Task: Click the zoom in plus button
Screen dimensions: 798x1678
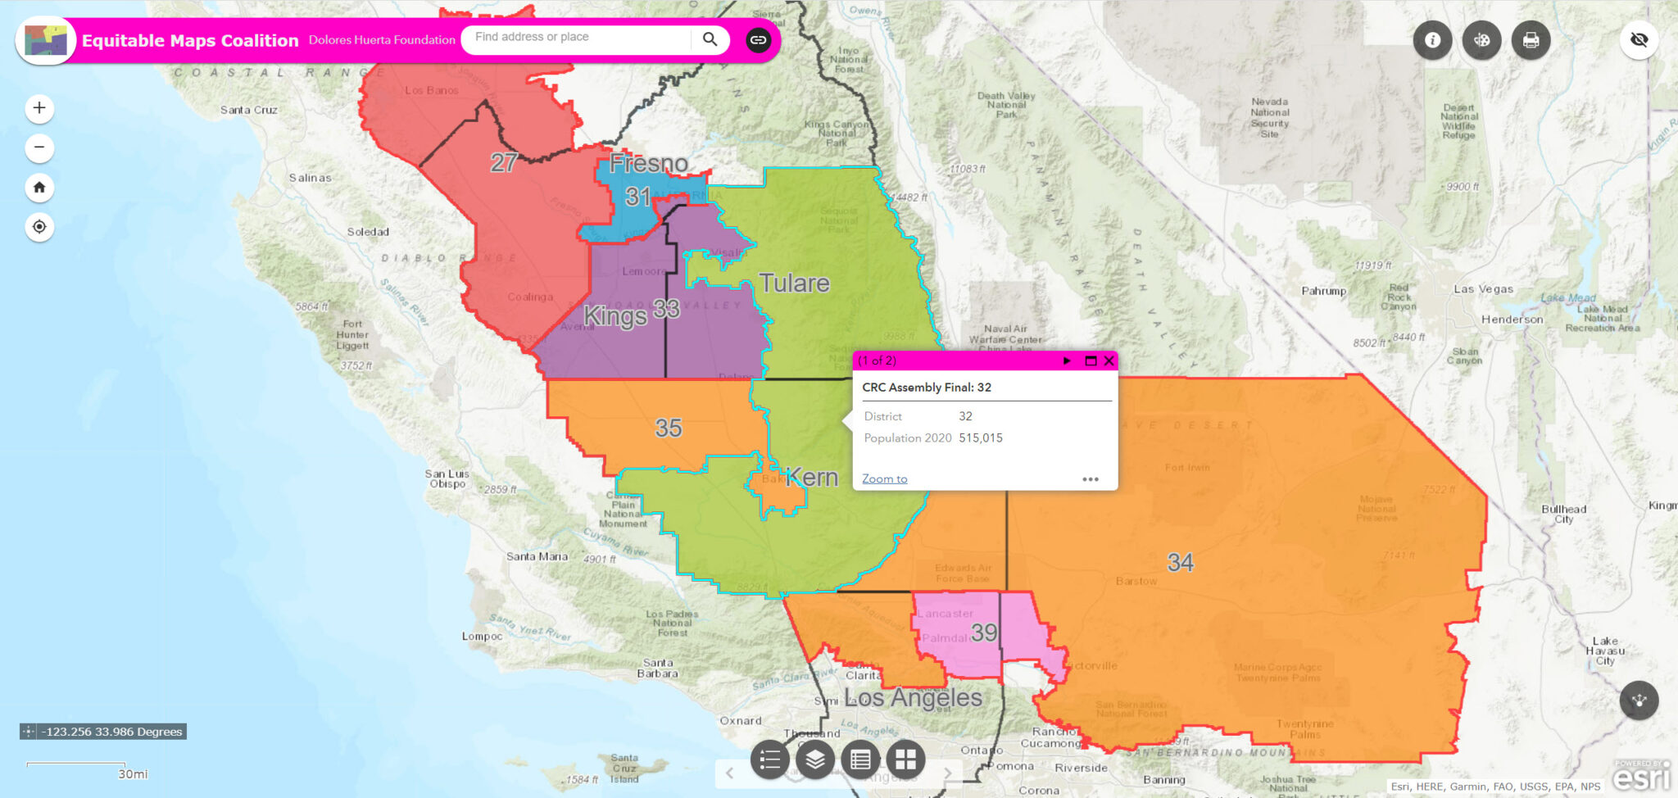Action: [x=39, y=108]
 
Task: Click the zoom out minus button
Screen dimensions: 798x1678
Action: [x=39, y=148]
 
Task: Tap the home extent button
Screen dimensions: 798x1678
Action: [x=39, y=188]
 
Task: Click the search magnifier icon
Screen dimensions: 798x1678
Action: [x=710, y=39]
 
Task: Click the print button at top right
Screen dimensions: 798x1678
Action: [x=1531, y=40]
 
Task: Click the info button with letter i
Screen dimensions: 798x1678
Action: [x=1432, y=40]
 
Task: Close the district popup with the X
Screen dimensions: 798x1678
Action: [x=1109, y=360]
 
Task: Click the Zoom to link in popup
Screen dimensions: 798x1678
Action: [x=884, y=479]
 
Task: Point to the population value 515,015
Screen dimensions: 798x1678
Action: [x=981, y=438]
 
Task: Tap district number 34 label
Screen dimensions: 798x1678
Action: [x=1180, y=563]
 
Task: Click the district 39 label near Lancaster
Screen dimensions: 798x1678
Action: [x=984, y=633]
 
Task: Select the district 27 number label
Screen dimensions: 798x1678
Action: [x=503, y=162]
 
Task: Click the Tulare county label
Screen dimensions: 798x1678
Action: [x=794, y=283]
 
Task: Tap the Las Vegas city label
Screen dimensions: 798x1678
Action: [x=1483, y=289]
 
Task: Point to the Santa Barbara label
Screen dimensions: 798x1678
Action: [x=658, y=669]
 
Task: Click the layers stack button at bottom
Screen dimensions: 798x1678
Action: [x=814, y=760]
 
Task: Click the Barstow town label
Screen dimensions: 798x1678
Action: [x=1136, y=582]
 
